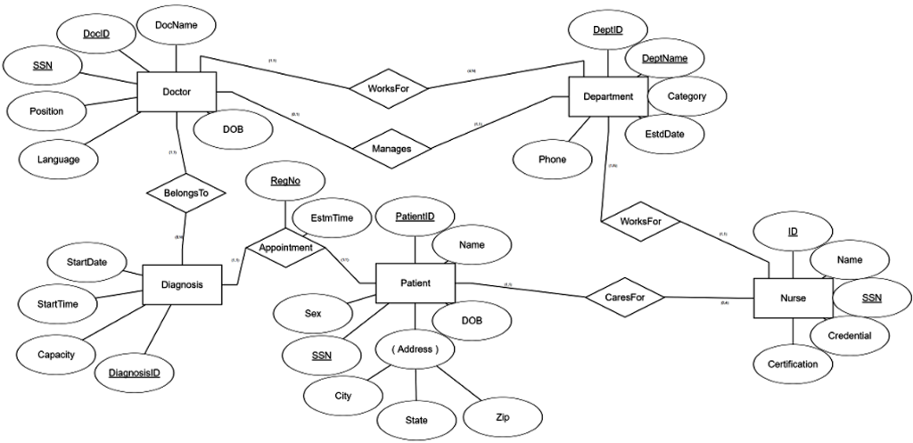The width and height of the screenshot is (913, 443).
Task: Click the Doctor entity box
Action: tap(177, 91)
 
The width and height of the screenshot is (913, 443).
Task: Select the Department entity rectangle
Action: tap(607, 96)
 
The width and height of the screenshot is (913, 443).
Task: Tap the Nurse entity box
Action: tap(793, 299)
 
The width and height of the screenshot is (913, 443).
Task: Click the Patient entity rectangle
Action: tap(415, 283)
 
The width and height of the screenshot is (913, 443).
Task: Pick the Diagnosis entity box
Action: tap(182, 286)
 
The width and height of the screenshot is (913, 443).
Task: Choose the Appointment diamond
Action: tap(285, 248)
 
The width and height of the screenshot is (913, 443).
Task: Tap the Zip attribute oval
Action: tap(502, 416)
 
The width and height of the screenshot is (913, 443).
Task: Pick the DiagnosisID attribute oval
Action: tap(135, 373)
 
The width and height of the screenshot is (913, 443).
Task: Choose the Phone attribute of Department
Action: tap(552, 160)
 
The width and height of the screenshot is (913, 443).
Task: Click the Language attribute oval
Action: tap(59, 160)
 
